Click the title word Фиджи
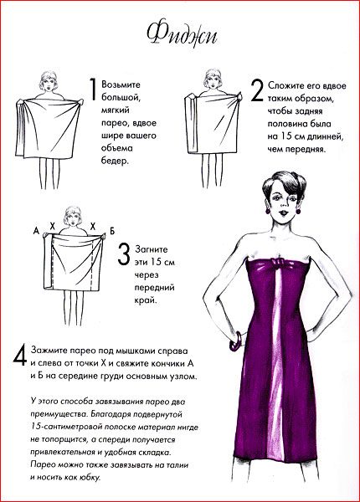(182, 34)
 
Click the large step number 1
(93, 90)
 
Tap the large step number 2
(257, 91)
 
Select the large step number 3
(124, 254)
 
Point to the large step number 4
(20, 355)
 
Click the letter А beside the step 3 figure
(36, 230)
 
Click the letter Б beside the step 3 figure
(112, 231)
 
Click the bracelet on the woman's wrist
(236, 341)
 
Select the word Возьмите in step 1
(121, 85)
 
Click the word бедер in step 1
(115, 161)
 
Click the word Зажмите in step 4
(48, 351)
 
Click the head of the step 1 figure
(49, 81)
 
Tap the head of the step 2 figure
(213, 79)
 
